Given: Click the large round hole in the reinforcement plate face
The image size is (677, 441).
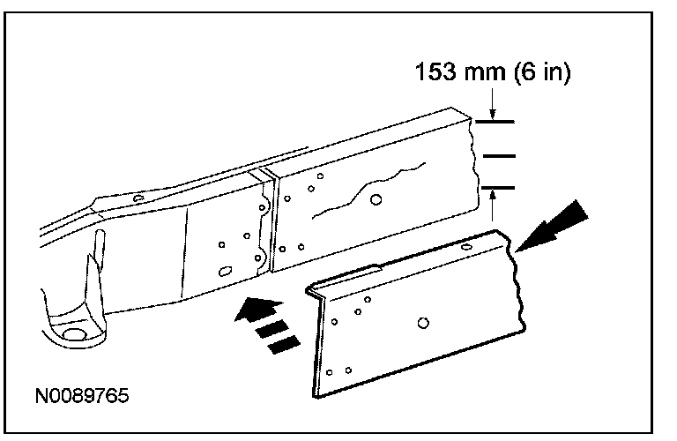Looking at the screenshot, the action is pyautogui.click(x=424, y=324).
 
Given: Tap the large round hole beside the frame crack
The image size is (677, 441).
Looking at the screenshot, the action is pyautogui.click(x=376, y=199).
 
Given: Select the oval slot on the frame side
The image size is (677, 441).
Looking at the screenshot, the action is pyautogui.click(x=224, y=271).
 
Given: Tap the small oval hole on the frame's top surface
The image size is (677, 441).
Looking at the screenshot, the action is pyautogui.click(x=137, y=198).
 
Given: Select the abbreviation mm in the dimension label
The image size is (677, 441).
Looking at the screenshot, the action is pyautogui.click(x=482, y=72).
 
